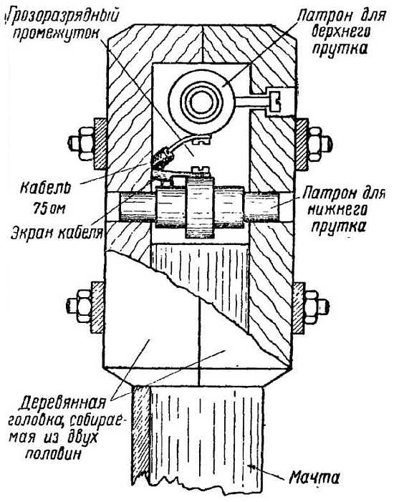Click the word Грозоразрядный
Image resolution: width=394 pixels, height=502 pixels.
[62, 16]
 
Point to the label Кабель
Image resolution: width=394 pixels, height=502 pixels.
[45, 189]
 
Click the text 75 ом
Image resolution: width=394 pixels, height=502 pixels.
[49, 208]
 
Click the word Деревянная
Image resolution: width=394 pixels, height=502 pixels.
[62, 402]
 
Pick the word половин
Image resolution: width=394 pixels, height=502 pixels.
[53, 454]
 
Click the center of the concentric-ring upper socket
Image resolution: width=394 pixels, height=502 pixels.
[201, 102]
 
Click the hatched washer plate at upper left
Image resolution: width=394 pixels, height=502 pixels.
[100, 144]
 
